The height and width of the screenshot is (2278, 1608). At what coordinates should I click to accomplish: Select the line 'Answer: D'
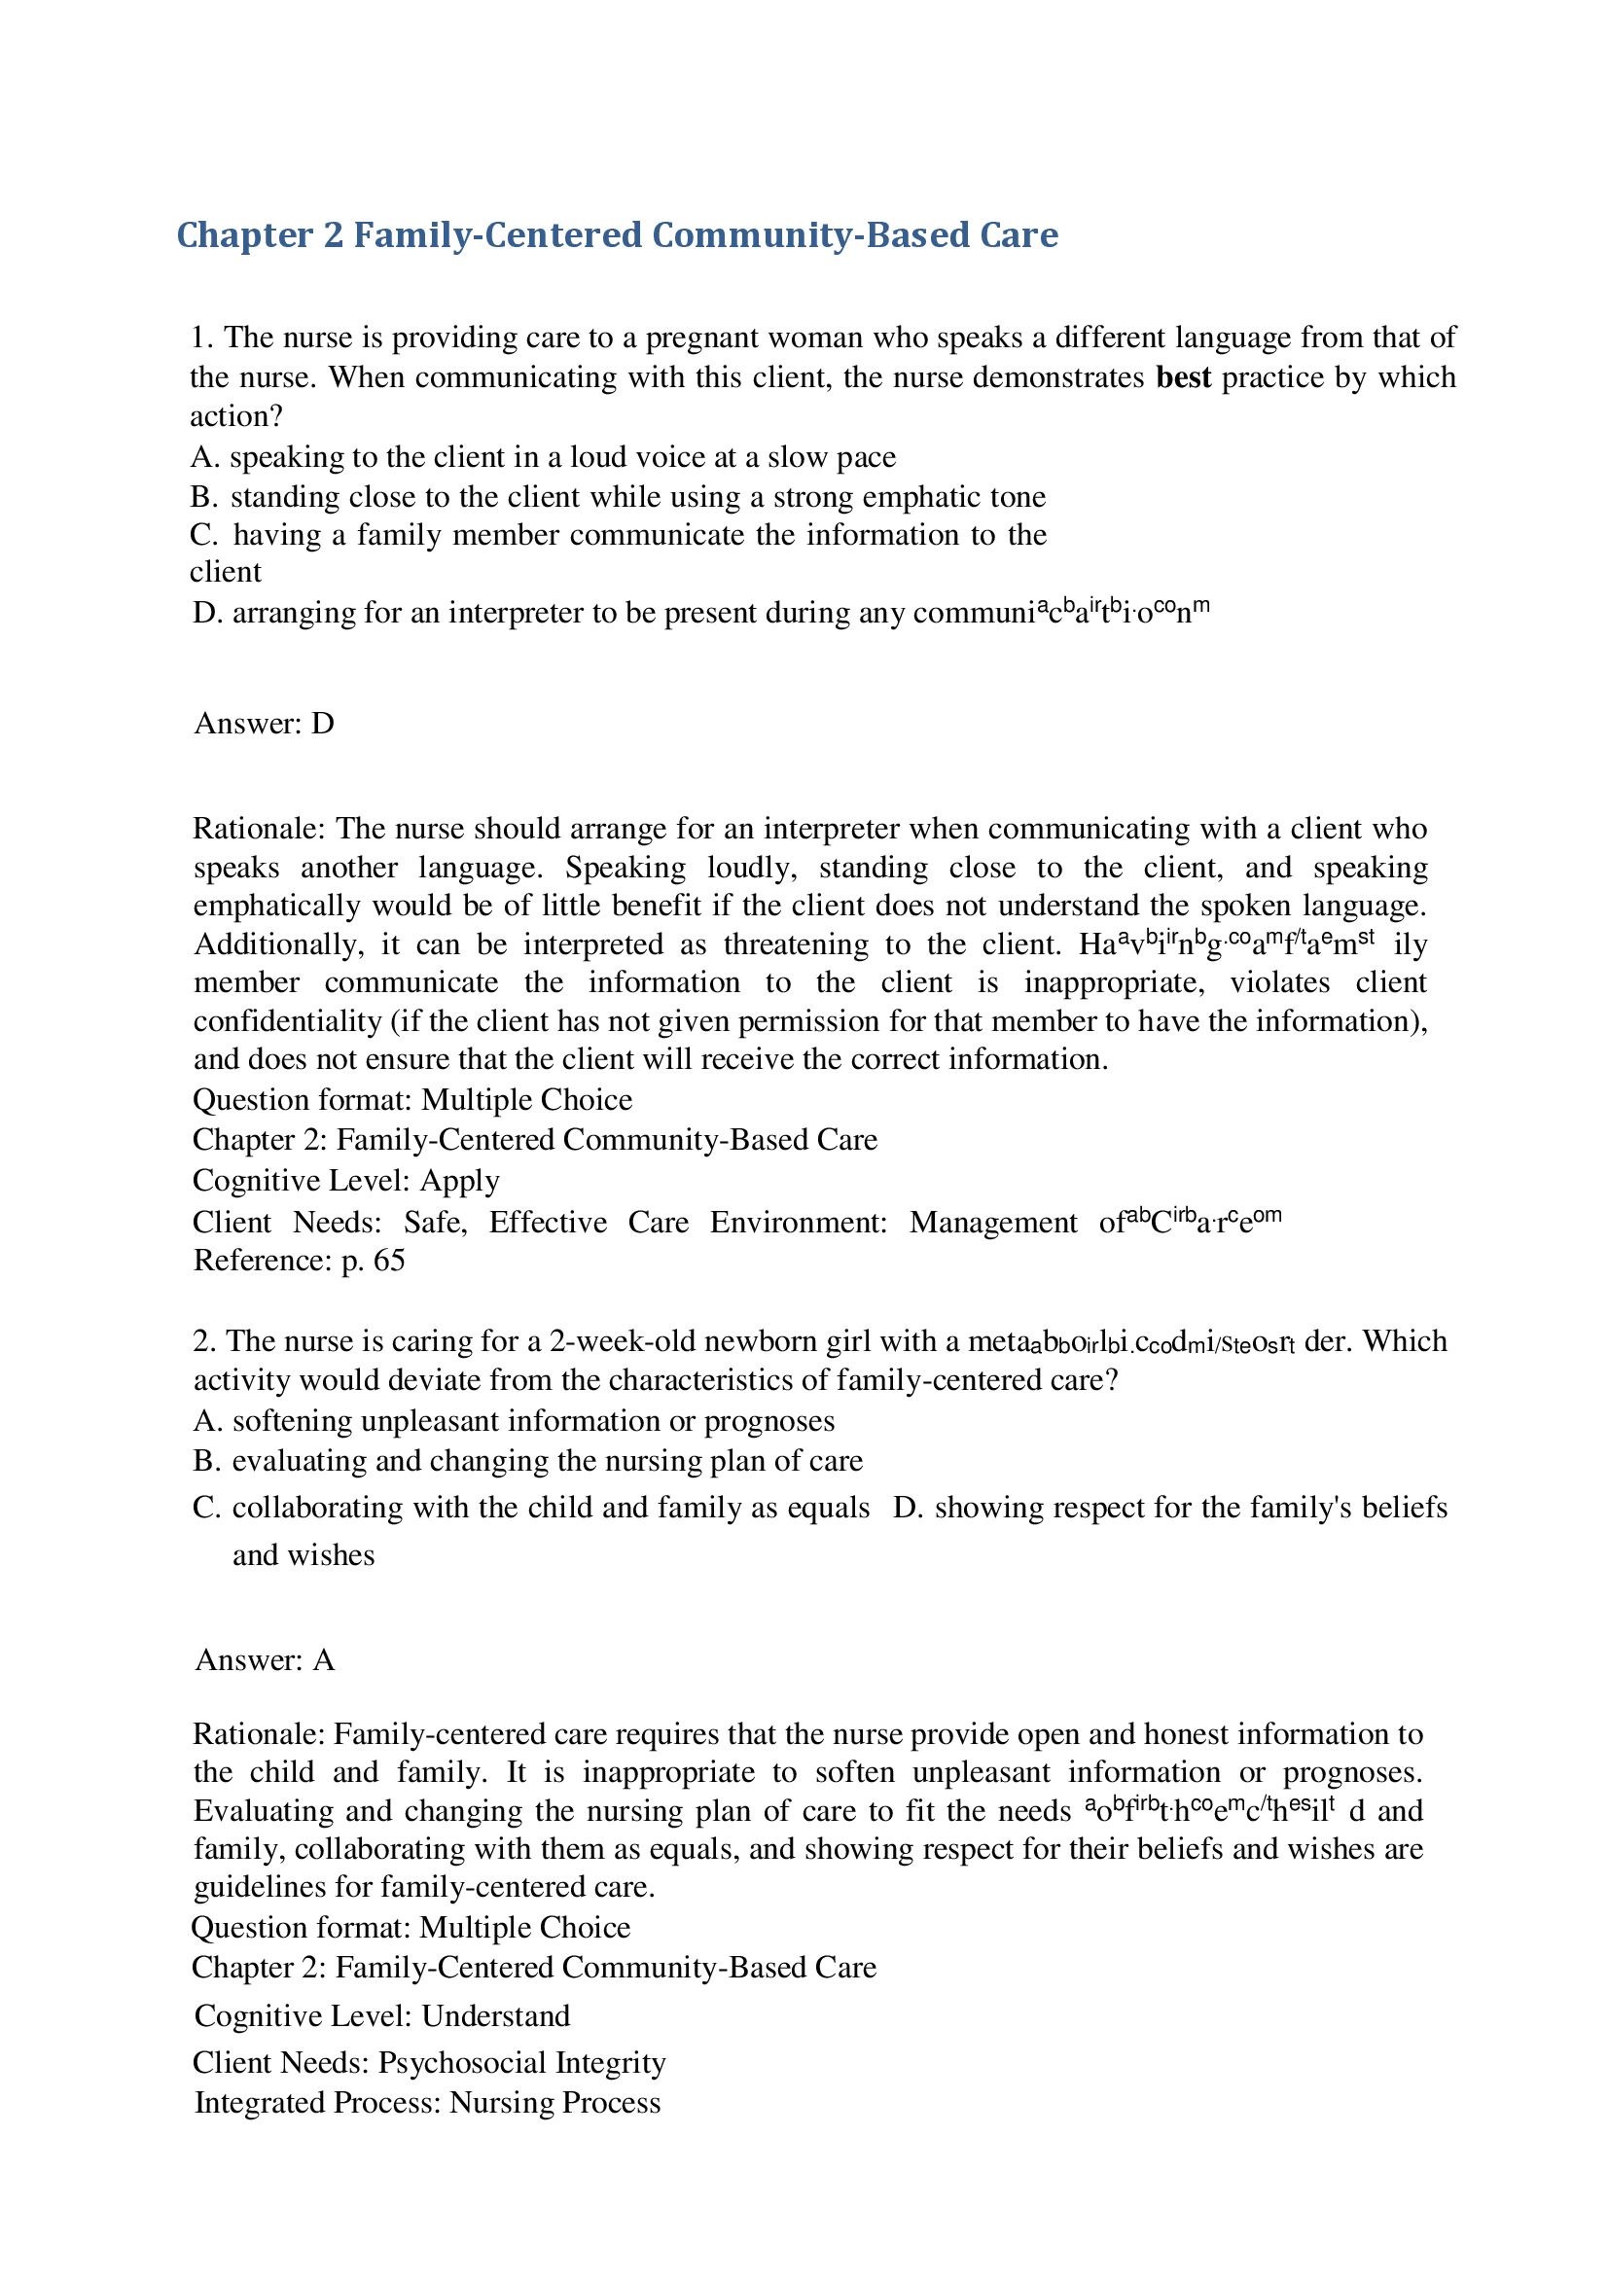[264, 724]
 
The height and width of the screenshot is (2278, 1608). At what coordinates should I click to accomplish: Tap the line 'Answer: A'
[265, 1660]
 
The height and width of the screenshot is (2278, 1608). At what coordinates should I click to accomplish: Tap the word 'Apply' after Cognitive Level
[459, 1181]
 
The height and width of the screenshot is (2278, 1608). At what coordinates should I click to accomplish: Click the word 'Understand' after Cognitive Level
[495, 2016]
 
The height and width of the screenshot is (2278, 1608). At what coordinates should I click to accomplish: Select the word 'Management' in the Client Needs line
[993, 1223]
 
